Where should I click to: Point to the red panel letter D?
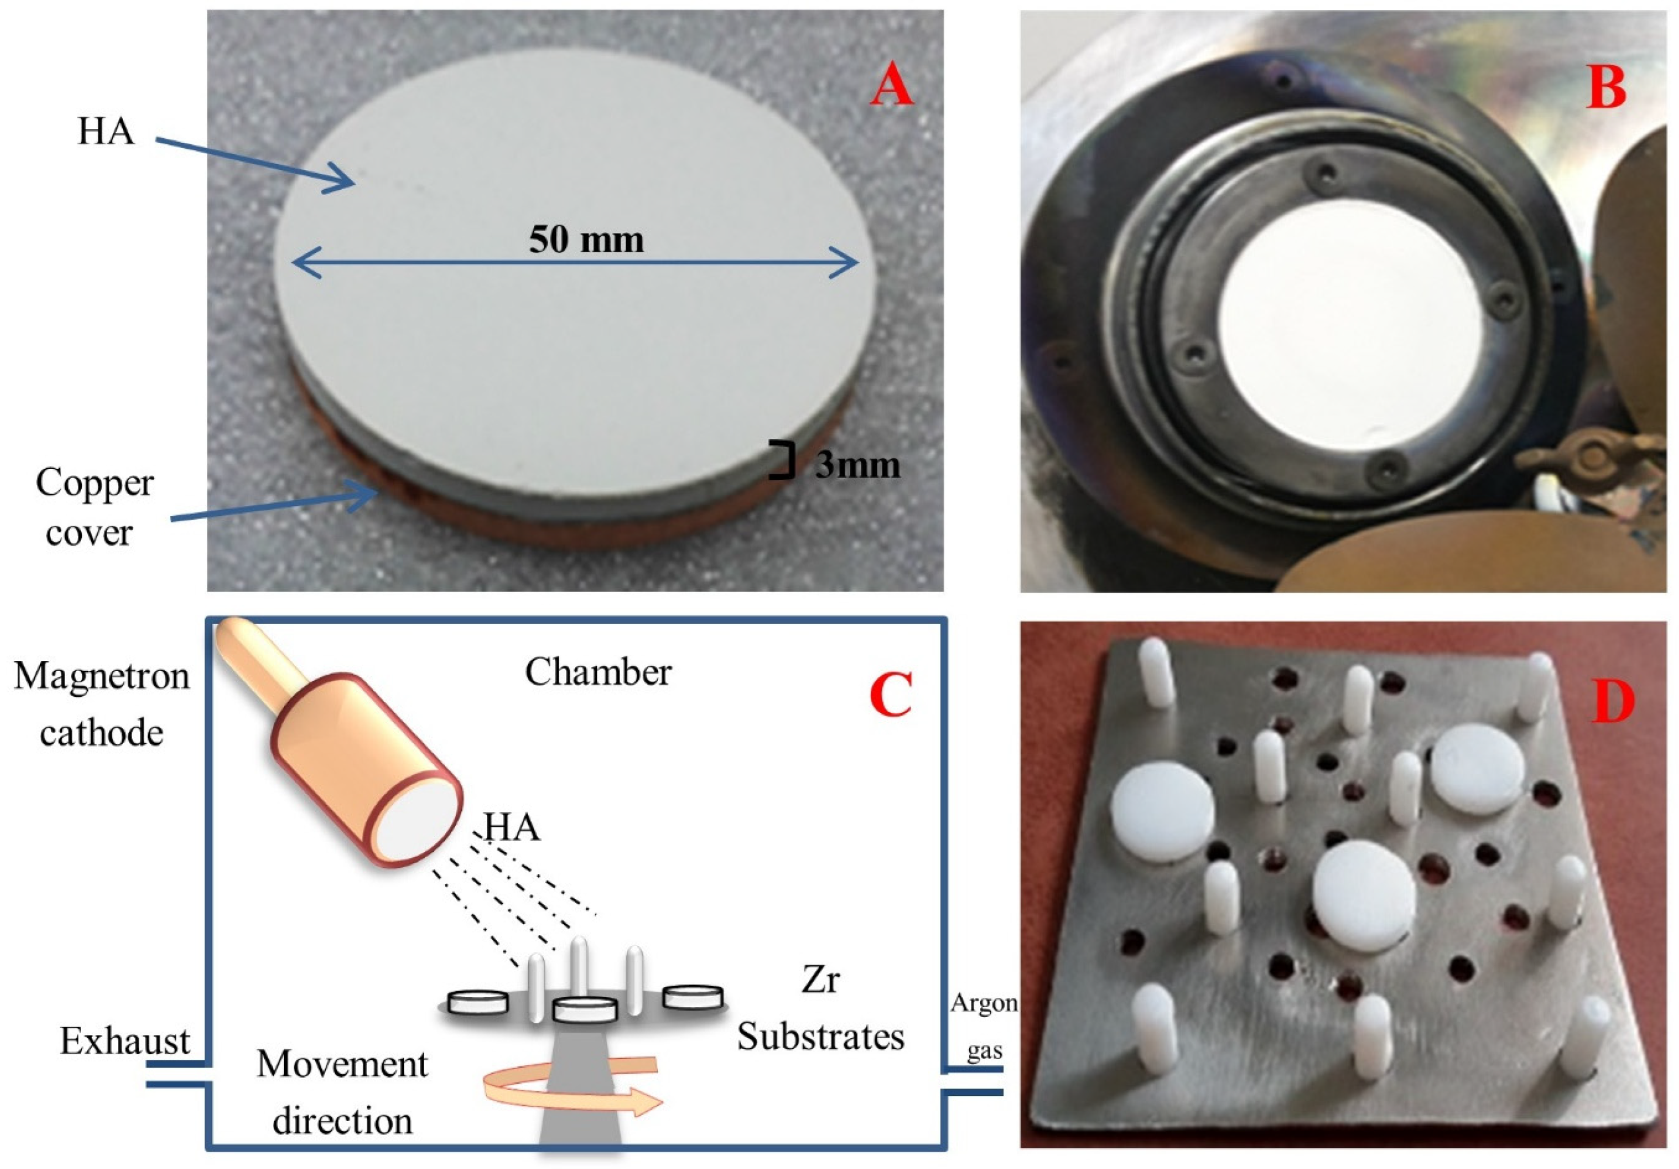point(1612,702)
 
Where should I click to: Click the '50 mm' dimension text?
point(587,240)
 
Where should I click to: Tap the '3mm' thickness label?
point(857,465)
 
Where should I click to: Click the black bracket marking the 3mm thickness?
point(782,460)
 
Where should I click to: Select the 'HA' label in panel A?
point(106,132)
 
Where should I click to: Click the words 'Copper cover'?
point(94,507)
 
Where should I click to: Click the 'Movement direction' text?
point(342,1092)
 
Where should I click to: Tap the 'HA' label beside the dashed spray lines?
point(512,827)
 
